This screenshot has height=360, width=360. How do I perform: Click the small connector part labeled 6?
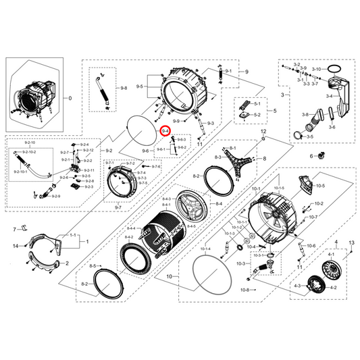(321, 155)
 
